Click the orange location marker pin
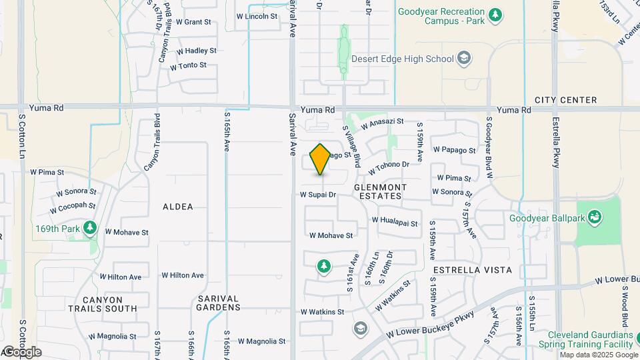point(321,159)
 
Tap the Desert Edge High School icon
point(463,59)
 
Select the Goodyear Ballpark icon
point(595,217)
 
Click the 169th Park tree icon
point(91,229)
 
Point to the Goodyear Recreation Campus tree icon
point(495,14)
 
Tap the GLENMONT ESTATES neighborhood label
point(378,191)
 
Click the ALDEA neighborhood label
point(178,207)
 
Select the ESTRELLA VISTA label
point(472,270)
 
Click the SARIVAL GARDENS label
point(219,303)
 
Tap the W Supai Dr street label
point(317,195)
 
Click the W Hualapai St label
point(395,221)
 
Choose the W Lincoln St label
point(257,16)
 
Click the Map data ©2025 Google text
point(597,355)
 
